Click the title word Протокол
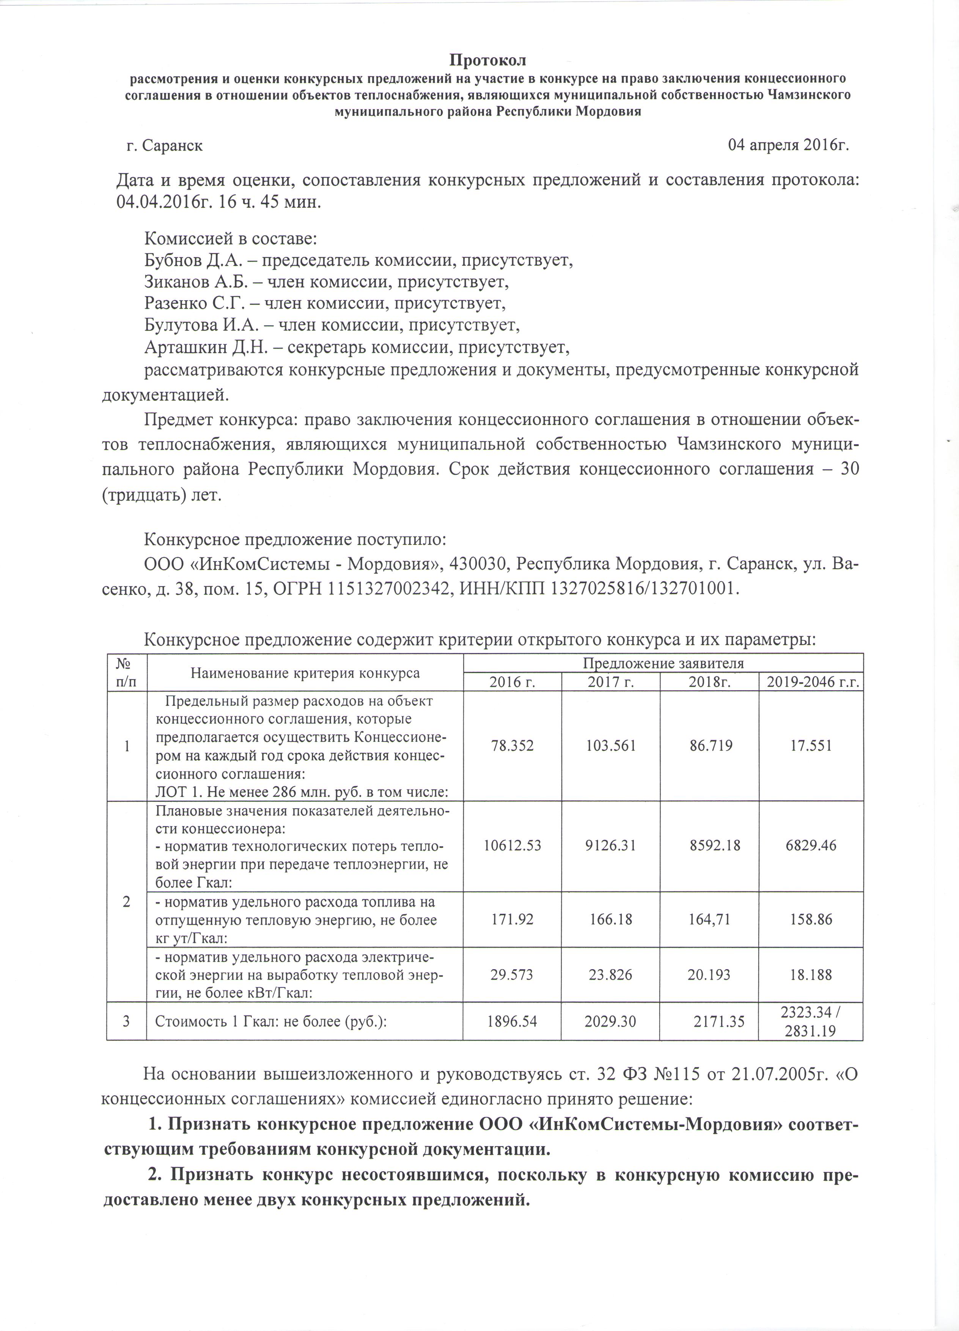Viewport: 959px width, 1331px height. [488, 60]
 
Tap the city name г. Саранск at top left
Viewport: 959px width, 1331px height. [165, 145]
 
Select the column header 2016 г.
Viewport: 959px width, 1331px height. [512, 683]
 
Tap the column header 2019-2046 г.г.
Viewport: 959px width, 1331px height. [811, 683]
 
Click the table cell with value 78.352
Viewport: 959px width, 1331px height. [512, 746]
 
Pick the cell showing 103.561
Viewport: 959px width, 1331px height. [611, 746]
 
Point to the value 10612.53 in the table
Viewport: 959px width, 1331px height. [512, 846]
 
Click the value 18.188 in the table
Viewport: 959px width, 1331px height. [811, 975]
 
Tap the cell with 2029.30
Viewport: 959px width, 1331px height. [611, 1022]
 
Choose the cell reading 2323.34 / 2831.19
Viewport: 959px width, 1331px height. [811, 1022]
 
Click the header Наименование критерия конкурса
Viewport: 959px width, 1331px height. [305, 673]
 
